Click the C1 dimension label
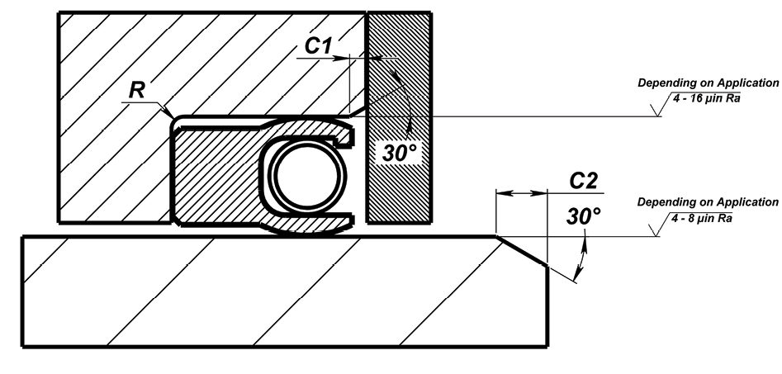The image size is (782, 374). click(x=318, y=46)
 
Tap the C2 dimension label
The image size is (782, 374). click(x=584, y=181)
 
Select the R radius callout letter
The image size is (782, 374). click(x=136, y=91)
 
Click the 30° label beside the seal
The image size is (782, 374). click(x=399, y=154)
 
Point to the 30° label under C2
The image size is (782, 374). click(x=584, y=216)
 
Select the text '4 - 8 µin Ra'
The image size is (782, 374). click(x=702, y=218)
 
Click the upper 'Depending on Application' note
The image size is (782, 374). click(x=708, y=83)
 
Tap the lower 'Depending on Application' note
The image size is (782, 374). click(x=708, y=202)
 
